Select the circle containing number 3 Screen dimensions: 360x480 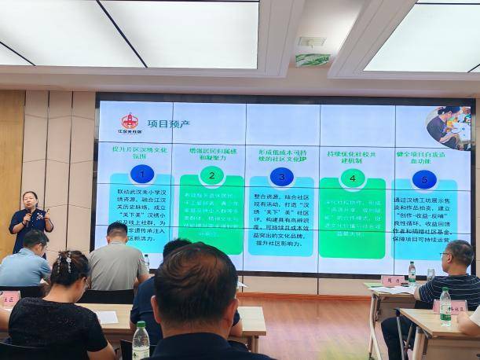pyautogui.click(x=281, y=176)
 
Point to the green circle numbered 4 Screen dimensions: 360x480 pyautogui.click(x=352, y=178)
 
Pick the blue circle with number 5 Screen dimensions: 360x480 pyautogui.click(x=425, y=179)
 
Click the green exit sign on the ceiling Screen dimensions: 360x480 pyautogui.click(x=312, y=60)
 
